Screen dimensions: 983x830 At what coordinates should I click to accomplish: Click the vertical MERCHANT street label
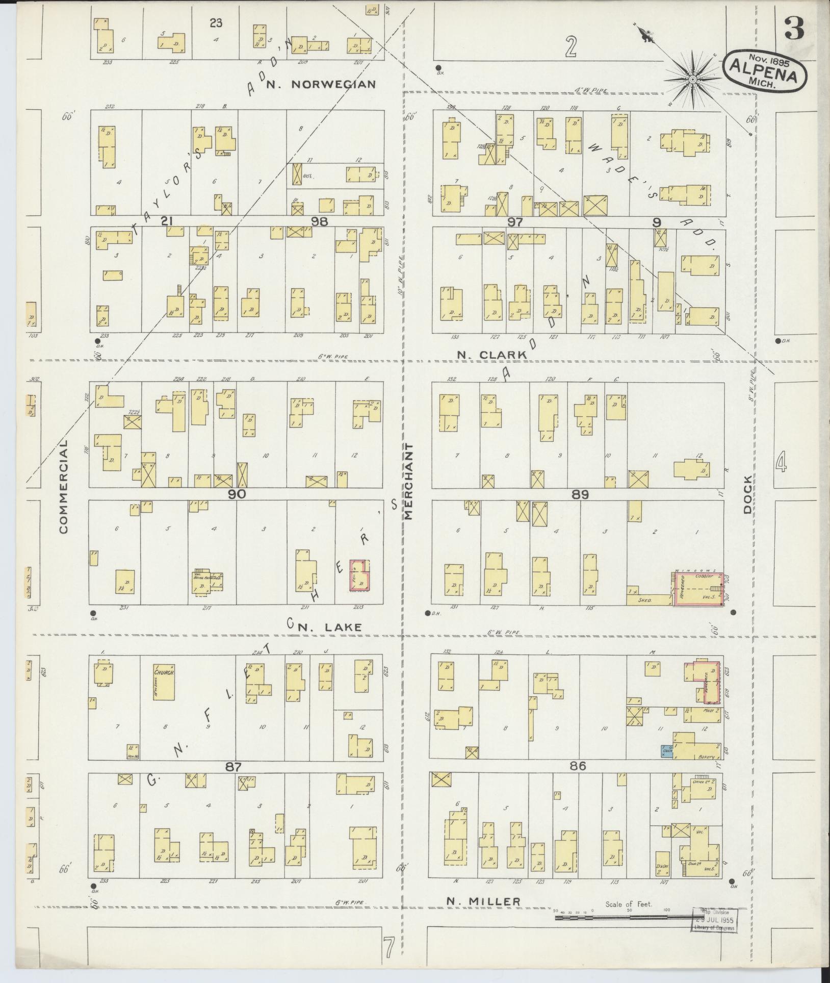click(409, 481)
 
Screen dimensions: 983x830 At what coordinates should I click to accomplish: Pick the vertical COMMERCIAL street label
click(63, 487)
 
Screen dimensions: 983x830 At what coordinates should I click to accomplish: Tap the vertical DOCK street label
click(748, 495)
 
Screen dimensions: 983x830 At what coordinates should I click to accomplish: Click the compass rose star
click(693, 81)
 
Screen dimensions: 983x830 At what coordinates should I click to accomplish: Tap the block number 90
click(237, 494)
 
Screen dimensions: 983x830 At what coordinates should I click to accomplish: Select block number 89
click(580, 494)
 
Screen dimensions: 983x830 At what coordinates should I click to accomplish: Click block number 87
click(232, 780)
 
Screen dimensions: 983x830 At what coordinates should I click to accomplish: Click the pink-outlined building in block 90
click(359, 575)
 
